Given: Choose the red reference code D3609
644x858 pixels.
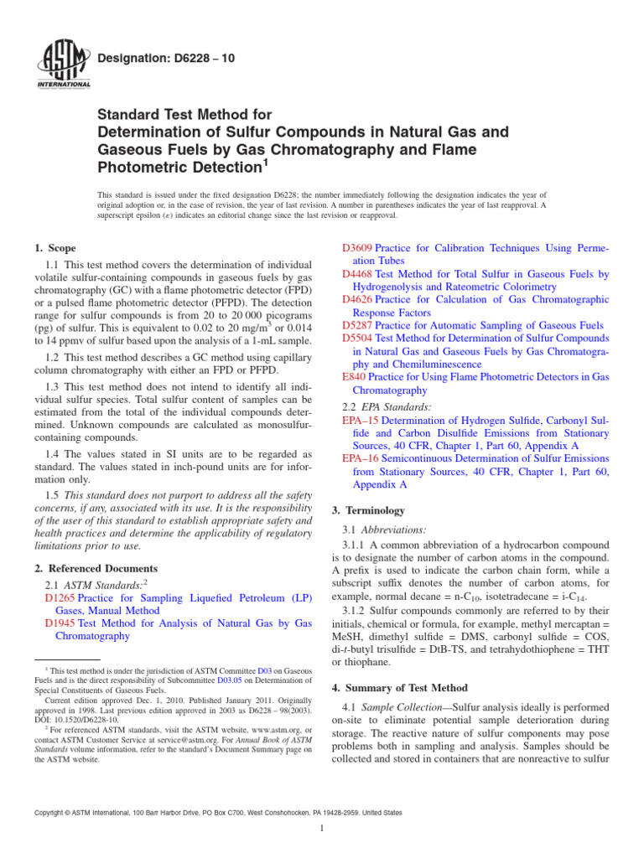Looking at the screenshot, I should pos(358,248).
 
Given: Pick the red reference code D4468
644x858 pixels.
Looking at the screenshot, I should pos(358,273).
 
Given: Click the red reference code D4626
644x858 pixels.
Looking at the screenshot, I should pos(358,299).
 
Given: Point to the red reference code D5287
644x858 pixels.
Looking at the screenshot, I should pos(358,325).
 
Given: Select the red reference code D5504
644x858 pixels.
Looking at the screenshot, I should pos(358,338).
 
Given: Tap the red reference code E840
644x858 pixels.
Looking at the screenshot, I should pos(355,377).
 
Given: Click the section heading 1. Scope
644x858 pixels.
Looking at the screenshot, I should pos(55,248).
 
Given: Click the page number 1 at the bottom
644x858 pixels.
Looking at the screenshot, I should pos(322,829).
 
